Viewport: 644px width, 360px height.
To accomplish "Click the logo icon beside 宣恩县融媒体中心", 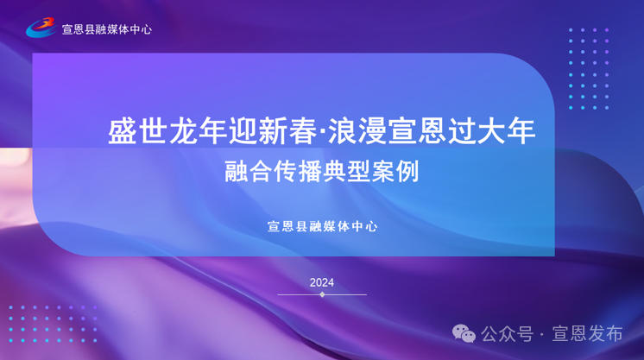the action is click(x=41, y=27).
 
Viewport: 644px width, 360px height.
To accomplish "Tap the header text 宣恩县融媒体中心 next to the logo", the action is click(x=107, y=29).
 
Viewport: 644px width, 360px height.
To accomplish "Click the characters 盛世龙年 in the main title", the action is click(x=168, y=131).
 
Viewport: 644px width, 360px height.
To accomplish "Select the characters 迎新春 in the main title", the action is click(x=273, y=131).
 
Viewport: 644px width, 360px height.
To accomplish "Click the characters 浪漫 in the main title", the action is click(x=357, y=131).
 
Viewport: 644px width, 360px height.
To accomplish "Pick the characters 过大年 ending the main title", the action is click(x=491, y=131).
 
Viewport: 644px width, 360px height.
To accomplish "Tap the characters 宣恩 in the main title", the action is click(x=418, y=131).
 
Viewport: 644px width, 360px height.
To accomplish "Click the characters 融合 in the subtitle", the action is click(x=249, y=172).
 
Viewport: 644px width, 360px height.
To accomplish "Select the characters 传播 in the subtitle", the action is click(x=297, y=172).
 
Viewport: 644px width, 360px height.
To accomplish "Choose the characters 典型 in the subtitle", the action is click(x=346, y=172).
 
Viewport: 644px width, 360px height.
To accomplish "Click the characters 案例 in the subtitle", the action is click(x=395, y=172).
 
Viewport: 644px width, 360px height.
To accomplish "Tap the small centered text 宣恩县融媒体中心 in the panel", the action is click(x=322, y=226).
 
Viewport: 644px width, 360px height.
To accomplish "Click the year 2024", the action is click(x=322, y=283).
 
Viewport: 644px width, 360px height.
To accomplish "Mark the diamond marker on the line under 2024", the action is click(x=322, y=294).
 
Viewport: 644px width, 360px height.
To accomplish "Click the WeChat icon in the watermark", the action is click(x=464, y=333).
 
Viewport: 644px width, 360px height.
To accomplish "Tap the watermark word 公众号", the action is click(x=508, y=334).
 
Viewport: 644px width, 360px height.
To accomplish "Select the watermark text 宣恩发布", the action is click(x=587, y=334).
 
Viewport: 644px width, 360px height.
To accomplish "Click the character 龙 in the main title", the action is click(x=183, y=131).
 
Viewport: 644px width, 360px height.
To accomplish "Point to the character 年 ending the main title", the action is click(x=521, y=131).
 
